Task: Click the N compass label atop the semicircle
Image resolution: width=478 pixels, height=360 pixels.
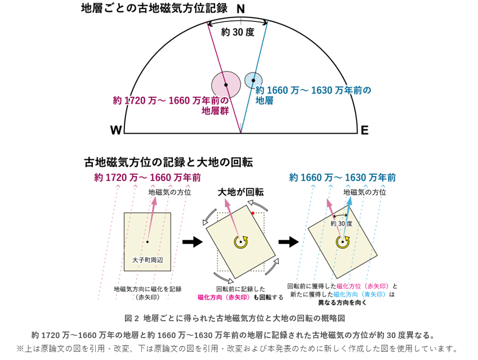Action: [x=240, y=9]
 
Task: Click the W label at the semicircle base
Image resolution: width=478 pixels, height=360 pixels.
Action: [x=116, y=130]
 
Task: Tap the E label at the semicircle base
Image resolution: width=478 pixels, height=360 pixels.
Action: [x=364, y=130]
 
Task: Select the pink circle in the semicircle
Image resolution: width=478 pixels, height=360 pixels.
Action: [x=226, y=85]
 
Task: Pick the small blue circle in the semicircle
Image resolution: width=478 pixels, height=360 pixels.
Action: [x=253, y=80]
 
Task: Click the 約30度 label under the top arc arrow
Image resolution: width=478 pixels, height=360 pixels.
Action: [x=238, y=32]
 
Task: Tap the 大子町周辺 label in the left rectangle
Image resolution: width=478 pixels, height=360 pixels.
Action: [x=148, y=260]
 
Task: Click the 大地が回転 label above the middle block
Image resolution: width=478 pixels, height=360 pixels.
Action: [x=240, y=192]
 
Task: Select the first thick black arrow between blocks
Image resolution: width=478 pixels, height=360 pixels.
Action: [x=193, y=242]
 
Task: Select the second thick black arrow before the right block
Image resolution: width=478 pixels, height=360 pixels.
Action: [x=289, y=242]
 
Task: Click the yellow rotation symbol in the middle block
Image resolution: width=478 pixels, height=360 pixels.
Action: [x=240, y=242]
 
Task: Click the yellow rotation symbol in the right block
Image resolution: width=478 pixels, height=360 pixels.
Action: [x=342, y=242]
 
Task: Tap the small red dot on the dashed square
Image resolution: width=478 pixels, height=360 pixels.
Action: [x=253, y=213]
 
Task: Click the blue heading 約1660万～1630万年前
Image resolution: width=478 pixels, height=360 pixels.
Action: [x=342, y=178]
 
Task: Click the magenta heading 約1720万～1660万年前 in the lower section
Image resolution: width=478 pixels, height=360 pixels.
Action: [x=148, y=178]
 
